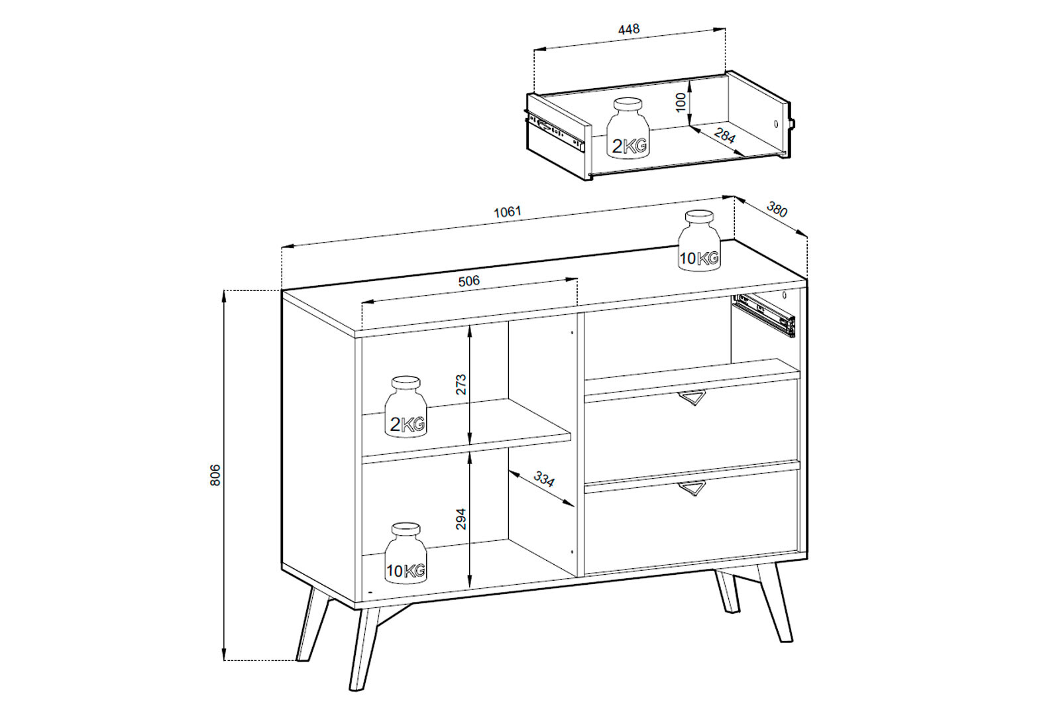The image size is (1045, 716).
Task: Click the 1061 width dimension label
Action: (507, 212)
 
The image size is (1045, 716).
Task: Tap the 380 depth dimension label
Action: (777, 210)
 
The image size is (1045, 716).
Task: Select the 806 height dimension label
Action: (215, 475)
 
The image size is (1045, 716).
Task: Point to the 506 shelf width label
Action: (469, 281)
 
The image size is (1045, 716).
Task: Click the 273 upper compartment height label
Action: (461, 384)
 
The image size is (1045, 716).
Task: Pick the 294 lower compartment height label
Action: (461, 518)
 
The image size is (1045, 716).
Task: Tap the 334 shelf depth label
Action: (544, 479)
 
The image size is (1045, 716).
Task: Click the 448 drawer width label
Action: (629, 29)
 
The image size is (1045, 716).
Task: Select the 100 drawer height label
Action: (681, 101)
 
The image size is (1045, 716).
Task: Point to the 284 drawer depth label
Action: (724, 136)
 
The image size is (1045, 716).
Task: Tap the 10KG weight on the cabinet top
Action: (699, 241)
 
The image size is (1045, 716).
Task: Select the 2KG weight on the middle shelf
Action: (406, 406)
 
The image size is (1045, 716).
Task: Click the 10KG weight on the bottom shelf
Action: (406, 553)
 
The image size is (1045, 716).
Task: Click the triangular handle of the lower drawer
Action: (691, 488)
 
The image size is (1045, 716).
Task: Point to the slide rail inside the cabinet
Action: (763, 314)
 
